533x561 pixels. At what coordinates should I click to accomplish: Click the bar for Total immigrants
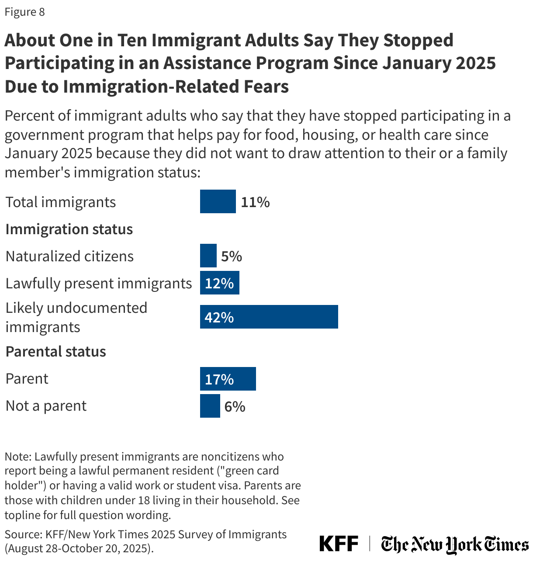point(218,201)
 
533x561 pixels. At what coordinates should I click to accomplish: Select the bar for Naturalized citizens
point(208,256)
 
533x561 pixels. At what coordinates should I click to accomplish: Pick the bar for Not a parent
point(210,406)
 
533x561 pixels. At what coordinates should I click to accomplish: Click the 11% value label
point(255,202)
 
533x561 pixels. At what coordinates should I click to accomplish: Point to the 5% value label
point(231,256)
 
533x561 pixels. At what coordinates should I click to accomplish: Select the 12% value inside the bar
point(219,283)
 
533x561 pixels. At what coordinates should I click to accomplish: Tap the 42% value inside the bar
point(219,317)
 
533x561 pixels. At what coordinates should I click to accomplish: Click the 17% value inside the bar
point(219,379)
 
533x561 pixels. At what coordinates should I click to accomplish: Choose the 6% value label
point(235,407)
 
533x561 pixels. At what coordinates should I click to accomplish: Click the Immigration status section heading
point(69,229)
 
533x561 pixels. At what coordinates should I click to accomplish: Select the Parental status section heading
point(55,351)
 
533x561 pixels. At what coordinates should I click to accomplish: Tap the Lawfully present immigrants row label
point(98,283)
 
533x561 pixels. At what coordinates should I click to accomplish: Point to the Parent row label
point(27,378)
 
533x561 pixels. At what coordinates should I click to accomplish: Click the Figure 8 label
point(24,12)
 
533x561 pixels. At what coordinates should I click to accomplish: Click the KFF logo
point(339,544)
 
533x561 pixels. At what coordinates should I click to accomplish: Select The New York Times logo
point(454,544)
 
